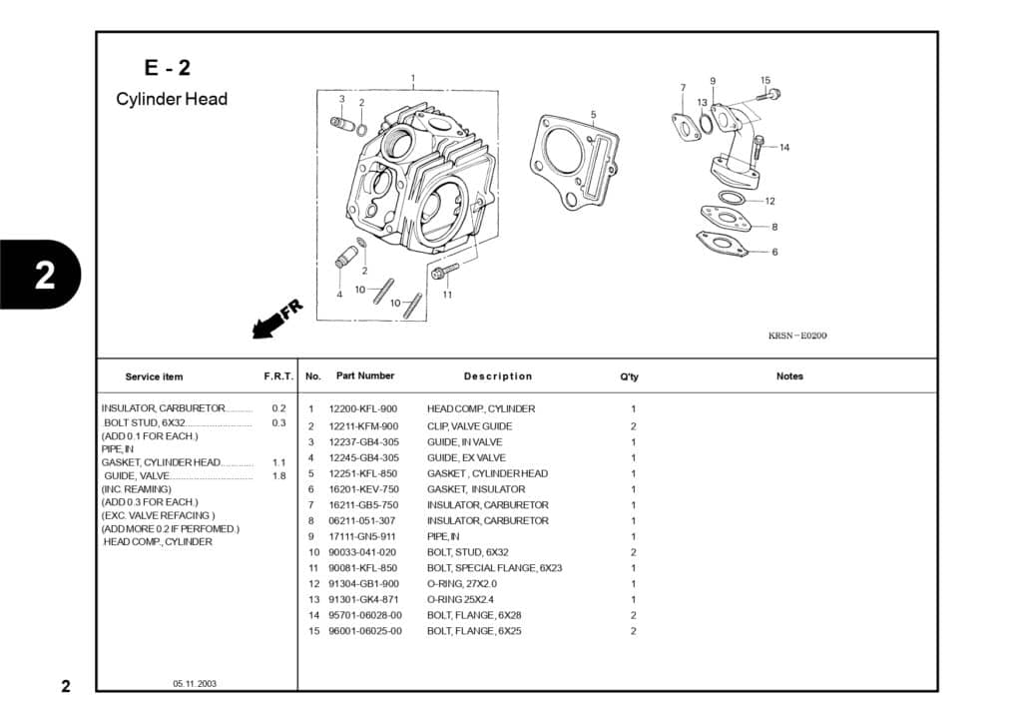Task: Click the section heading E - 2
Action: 167,68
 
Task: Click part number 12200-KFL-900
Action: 362,408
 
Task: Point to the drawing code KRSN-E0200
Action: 797,336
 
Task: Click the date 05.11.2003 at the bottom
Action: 194,684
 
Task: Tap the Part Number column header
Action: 365,375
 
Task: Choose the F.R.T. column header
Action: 277,376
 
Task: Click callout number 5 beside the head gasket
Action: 593,114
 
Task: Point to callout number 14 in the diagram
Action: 784,148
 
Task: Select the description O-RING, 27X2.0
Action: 462,583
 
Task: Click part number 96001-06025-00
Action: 365,631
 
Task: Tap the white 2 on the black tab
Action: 45,276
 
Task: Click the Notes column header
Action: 789,376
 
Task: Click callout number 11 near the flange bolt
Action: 447,295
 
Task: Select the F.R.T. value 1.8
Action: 278,476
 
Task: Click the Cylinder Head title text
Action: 172,99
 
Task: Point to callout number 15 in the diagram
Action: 766,80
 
